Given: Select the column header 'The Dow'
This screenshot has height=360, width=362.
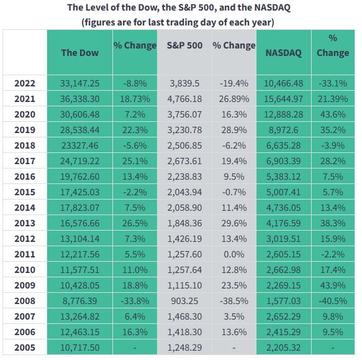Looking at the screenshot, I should tap(79, 52).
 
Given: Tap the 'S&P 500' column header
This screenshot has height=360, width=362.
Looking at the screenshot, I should tap(184, 45).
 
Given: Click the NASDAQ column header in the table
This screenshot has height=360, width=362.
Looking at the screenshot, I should tap(283, 52).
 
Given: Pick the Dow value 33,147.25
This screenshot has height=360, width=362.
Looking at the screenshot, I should tap(79, 83).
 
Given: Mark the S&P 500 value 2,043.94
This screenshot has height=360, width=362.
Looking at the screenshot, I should tap(184, 192).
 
